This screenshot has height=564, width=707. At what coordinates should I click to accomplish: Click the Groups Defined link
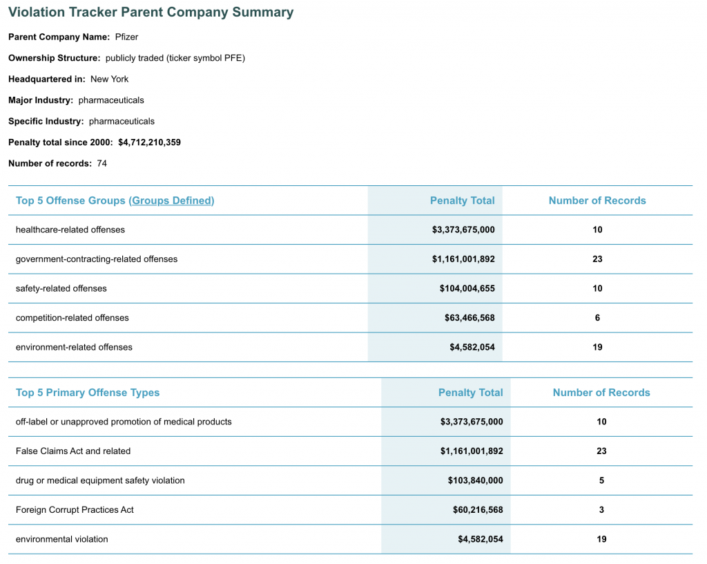click(171, 200)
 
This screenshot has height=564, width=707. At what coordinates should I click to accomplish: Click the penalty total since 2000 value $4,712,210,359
click(149, 142)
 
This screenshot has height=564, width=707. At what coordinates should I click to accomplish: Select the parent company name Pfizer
click(126, 37)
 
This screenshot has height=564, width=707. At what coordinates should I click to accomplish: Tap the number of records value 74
click(102, 163)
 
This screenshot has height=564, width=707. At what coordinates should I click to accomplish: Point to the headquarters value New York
click(109, 79)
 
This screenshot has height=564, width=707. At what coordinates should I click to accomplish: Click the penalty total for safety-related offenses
click(467, 288)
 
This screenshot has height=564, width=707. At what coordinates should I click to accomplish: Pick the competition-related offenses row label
click(72, 318)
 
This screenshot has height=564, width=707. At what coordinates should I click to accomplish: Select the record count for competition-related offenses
click(597, 318)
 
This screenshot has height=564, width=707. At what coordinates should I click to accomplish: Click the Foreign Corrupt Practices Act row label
click(75, 510)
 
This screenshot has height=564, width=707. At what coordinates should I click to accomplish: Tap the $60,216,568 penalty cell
click(478, 510)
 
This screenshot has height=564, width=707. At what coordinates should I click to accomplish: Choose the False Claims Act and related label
click(73, 451)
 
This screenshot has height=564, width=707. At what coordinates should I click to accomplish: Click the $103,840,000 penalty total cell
click(475, 480)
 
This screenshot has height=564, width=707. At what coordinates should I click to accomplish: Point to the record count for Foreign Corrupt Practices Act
click(601, 510)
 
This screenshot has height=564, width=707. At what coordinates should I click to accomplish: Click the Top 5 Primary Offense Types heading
click(88, 393)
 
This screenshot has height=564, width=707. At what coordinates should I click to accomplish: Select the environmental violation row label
click(61, 539)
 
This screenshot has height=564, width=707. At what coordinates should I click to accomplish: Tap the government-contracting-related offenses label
click(97, 259)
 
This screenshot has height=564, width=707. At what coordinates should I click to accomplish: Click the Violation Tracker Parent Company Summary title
click(151, 12)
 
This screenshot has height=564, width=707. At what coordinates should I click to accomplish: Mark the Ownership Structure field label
click(54, 58)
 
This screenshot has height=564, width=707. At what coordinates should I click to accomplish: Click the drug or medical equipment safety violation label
click(100, 480)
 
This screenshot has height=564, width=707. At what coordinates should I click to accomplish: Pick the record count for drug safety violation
click(601, 480)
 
